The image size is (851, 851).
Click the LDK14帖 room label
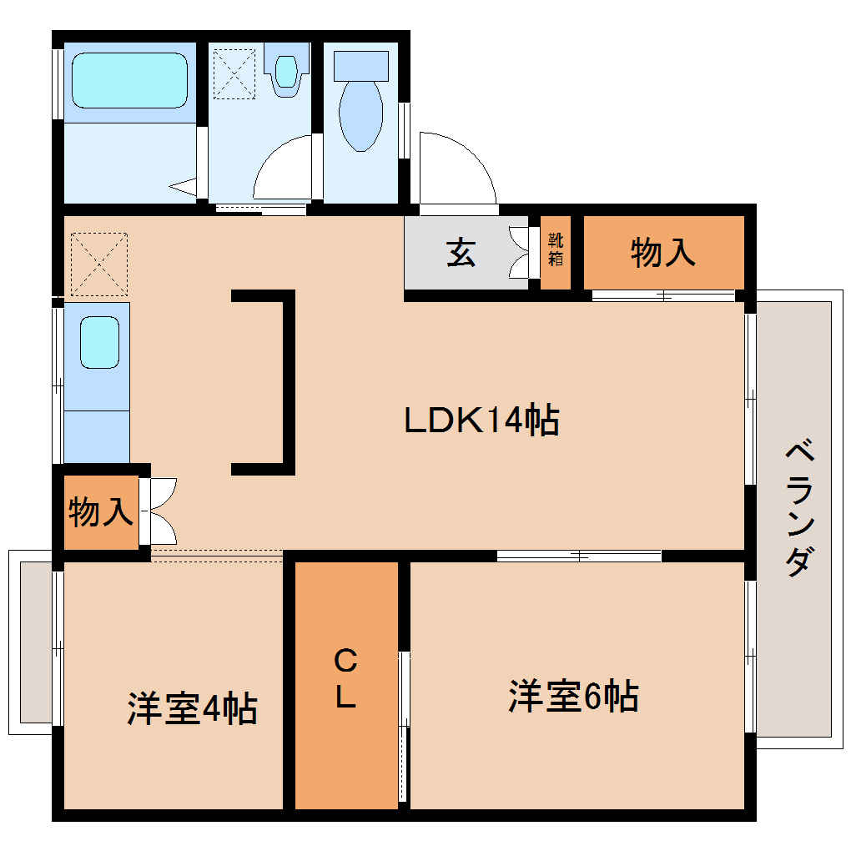[481, 420]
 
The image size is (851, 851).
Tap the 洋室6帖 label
[574, 697]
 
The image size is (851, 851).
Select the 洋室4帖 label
[192, 708]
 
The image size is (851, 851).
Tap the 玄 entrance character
[461, 252]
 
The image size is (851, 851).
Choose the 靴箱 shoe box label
[556, 249]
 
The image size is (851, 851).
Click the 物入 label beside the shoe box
[663, 252]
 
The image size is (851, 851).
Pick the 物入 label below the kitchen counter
[101, 511]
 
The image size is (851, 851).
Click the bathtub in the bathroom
[128, 81]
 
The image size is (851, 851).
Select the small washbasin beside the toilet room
[286, 72]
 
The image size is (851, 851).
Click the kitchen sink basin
[98, 342]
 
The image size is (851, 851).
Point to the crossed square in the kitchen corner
[99, 264]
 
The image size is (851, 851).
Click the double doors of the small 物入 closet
[159, 511]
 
